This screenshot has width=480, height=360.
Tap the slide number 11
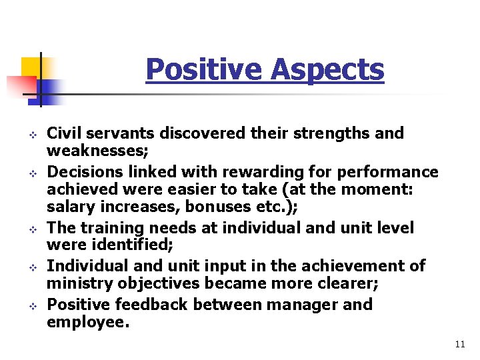tap(459, 344)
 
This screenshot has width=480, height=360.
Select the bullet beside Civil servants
tap(30, 134)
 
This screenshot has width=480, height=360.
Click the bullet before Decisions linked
tap(30, 173)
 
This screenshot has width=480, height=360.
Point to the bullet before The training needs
tap(30, 229)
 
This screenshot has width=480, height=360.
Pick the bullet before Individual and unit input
tap(30, 267)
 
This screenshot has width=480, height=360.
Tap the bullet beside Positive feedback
tap(30, 306)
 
